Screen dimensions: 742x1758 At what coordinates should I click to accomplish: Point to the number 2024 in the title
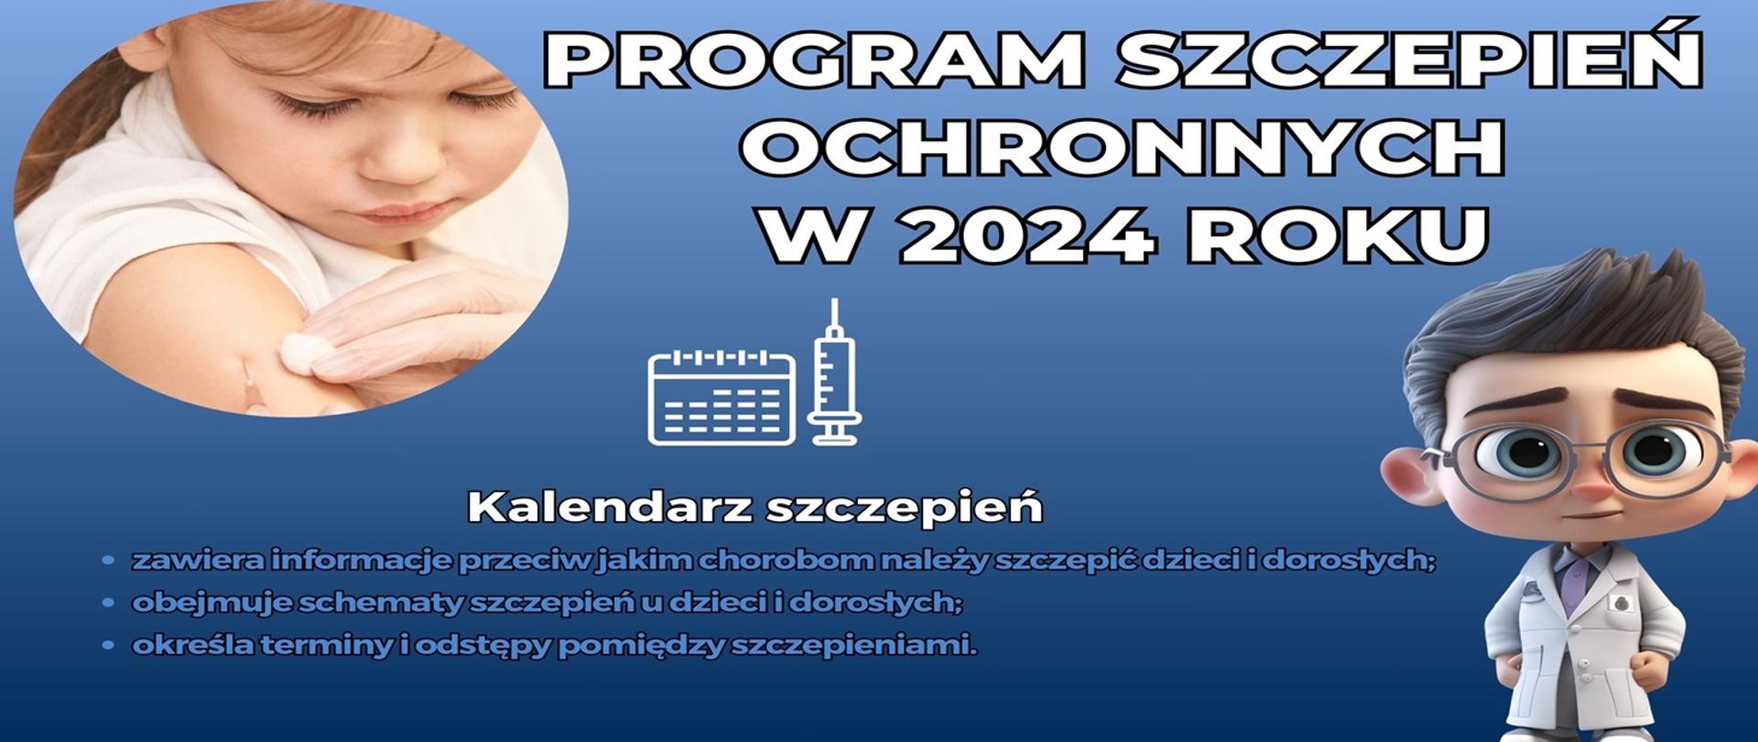pos(1027,235)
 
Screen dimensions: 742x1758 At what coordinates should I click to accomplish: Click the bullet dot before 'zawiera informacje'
pos(109,560)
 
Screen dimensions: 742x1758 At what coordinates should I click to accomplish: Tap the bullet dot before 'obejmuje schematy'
pos(109,603)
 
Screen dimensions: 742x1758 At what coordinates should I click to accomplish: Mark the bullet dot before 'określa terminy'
pos(109,646)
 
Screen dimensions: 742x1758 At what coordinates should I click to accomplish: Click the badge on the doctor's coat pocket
pos(1623,602)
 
